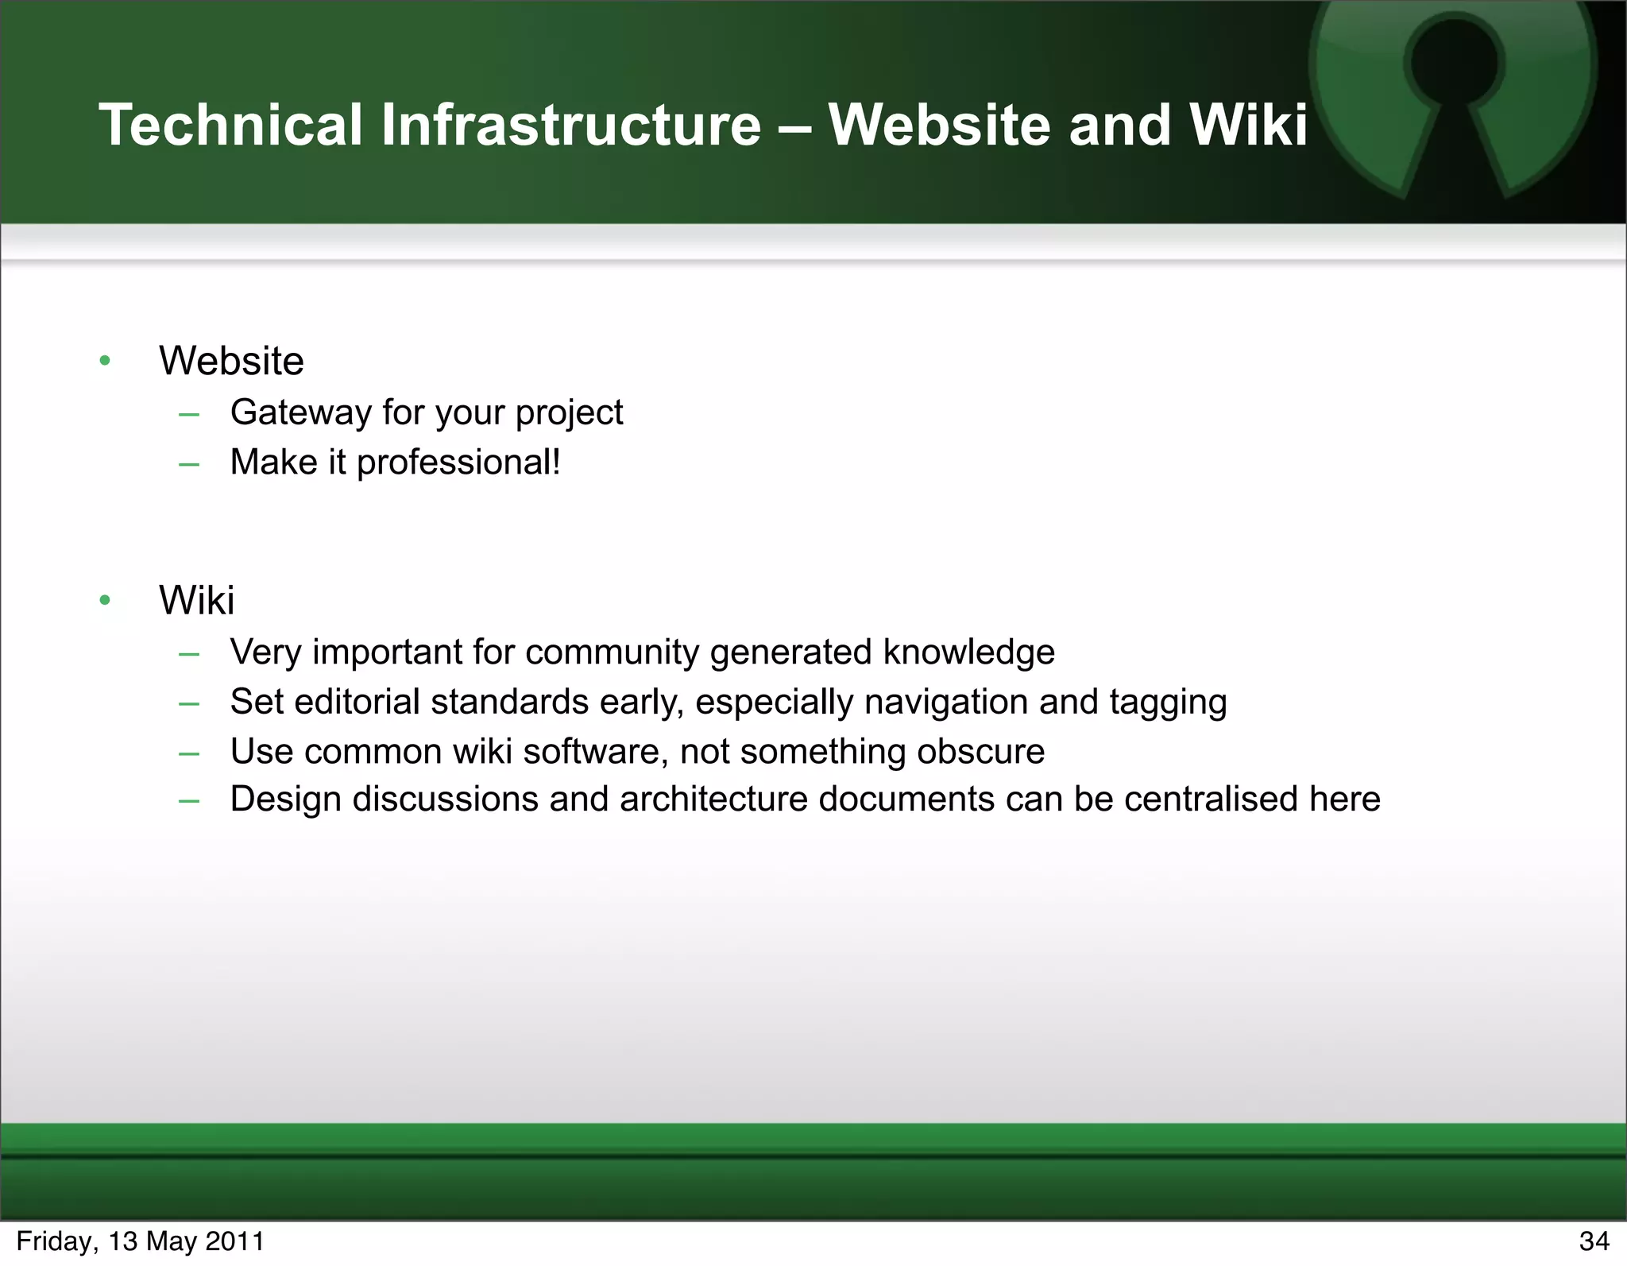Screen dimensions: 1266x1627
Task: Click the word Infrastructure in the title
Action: (570, 126)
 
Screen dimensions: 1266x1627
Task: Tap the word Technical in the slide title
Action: (230, 126)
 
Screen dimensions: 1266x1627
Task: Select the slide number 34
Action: (1594, 1241)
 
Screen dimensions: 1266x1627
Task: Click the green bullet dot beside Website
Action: (105, 362)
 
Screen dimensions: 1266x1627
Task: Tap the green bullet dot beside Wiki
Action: (105, 600)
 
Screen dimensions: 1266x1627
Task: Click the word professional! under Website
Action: (458, 463)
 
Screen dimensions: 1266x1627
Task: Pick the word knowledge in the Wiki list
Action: (968, 652)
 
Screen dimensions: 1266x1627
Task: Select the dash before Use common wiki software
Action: (189, 753)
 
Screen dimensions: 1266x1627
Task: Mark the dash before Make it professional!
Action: (189, 463)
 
